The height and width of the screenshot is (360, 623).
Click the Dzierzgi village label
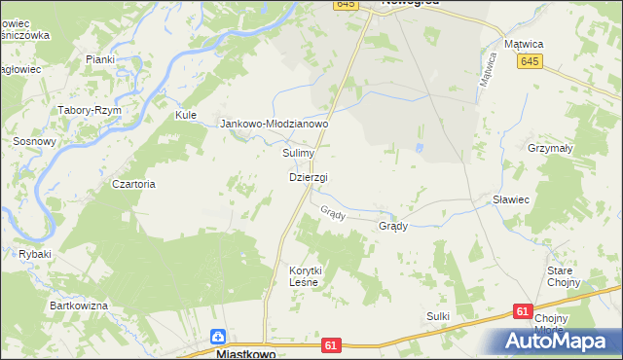(308, 177)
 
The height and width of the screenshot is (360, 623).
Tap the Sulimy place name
(298, 154)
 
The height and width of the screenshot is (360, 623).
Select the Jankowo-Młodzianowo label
(275, 125)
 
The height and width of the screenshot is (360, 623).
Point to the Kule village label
(186, 115)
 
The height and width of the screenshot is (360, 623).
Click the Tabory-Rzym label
(91, 110)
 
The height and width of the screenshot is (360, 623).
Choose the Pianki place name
(100, 59)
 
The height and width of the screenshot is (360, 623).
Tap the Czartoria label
(134, 184)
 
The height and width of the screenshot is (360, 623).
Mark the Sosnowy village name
(34, 141)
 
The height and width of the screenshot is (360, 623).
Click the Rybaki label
(34, 254)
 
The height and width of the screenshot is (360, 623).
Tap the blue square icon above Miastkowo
(220, 338)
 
